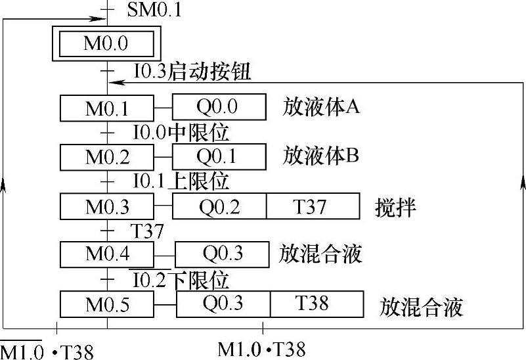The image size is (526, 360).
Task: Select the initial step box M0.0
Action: (x=106, y=45)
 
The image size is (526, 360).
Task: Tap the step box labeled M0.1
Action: (x=106, y=107)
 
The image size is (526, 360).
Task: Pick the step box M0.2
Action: (x=106, y=157)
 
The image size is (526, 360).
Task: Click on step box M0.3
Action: (x=106, y=206)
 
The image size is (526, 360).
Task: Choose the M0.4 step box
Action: (x=106, y=254)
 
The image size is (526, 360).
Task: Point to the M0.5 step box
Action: (x=106, y=304)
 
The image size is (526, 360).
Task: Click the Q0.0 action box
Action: (x=219, y=106)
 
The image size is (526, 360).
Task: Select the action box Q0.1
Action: (x=219, y=157)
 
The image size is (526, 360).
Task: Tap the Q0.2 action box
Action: (x=219, y=206)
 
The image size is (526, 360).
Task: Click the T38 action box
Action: (x=317, y=304)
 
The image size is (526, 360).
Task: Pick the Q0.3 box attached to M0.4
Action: (x=222, y=254)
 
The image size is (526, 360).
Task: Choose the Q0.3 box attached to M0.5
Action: (x=223, y=304)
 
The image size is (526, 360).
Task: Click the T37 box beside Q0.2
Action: (x=313, y=206)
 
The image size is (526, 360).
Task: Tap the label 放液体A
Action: (x=321, y=106)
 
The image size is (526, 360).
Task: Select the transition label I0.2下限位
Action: (x=181, y=281)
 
